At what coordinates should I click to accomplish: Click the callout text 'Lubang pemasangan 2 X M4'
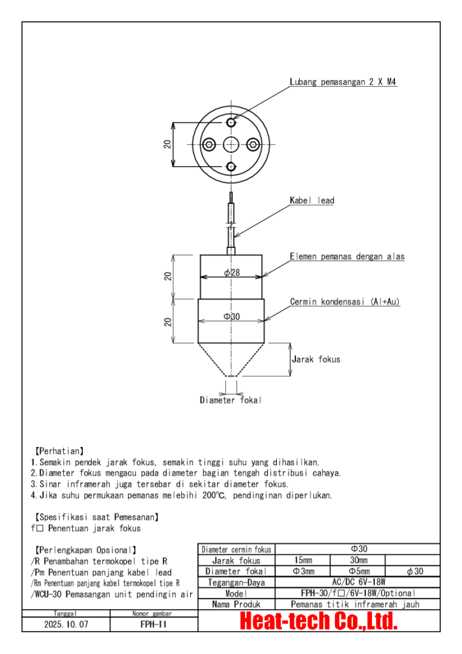click(344, 82)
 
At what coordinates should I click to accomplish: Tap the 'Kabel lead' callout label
click(312, 201)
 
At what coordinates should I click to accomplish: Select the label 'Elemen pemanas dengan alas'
click(347, 257)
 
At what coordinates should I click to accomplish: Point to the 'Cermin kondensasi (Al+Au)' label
click(345, 301)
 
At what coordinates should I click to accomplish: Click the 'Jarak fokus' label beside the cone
click(316, 360)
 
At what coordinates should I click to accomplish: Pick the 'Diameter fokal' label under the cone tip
click(230, 400)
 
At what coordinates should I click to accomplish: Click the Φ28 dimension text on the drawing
click(231, 273)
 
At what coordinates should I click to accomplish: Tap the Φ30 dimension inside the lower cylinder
click(231, 317)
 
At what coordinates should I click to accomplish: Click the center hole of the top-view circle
click(231, 144)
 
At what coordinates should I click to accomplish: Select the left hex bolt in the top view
click(209, 144)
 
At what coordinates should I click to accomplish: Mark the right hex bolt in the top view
click(253, 144)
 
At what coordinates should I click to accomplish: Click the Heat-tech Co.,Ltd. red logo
click(318, 621)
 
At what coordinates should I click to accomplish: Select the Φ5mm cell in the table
click(359, 572)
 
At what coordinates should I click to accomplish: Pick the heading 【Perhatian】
click(57, 451)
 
